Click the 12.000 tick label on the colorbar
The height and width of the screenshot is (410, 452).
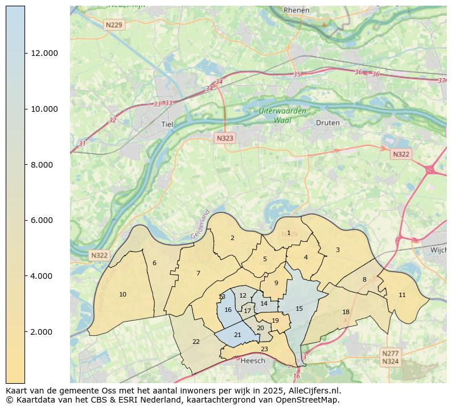[44, 53]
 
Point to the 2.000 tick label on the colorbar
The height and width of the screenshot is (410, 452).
[44, 332]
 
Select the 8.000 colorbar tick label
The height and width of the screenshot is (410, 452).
[44, 165]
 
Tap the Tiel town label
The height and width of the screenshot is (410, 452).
[167, 124]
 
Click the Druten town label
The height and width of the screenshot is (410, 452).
[327, 123]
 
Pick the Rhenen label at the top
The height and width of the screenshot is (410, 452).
[296, 10]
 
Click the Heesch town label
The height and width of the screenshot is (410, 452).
[253, 361]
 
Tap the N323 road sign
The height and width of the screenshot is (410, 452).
[224, 138]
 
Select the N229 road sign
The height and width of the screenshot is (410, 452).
[113, 25]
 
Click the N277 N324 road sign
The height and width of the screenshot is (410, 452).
[390, 358]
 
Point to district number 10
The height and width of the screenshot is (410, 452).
[122, 294]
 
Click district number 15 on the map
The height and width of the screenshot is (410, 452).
[299, 308]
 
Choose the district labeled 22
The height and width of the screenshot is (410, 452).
[196, 342]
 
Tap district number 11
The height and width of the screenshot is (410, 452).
[402, 295]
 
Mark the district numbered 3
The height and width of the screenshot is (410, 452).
[337, 250]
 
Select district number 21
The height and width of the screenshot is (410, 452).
[237, 335]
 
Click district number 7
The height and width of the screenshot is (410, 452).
[198, 273]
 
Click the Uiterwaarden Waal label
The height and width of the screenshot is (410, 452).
[282, 116]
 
